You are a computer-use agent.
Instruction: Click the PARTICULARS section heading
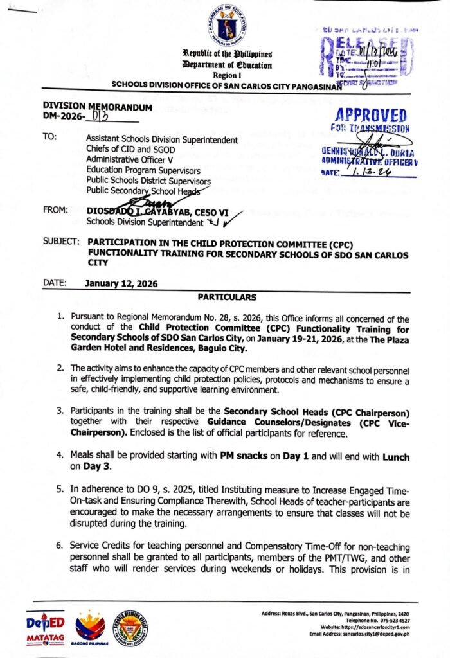coord(226,298)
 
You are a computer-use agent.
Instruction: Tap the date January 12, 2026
coord(121,283)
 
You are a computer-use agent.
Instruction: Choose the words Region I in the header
coord(226,75)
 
